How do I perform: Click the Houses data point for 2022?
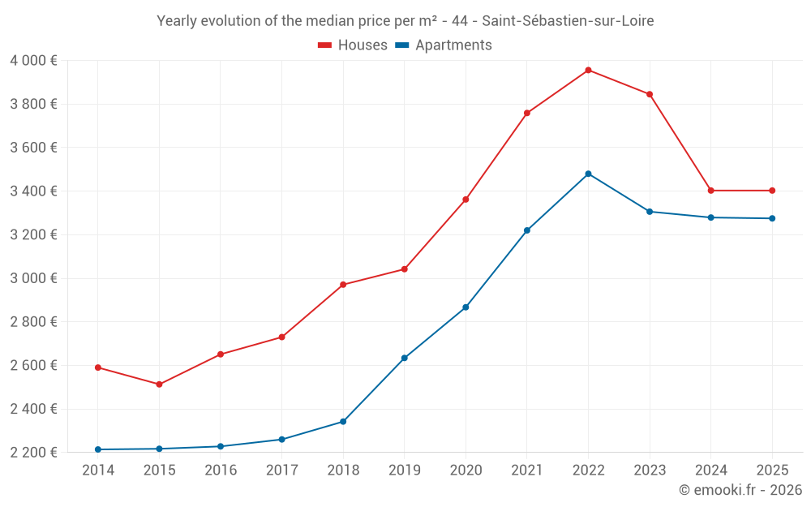pos(588,70)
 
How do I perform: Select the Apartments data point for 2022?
pos(588,174)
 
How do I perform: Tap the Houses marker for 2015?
pos(159,385)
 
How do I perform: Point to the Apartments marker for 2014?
pos(98,449)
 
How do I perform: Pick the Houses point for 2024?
pos(710,191)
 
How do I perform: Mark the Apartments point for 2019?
pos(404,358)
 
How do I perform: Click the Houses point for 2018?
pos(343,285)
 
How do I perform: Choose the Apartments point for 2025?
pos(772,218)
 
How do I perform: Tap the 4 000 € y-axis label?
pos(33,61)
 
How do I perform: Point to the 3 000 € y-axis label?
pos(33,278)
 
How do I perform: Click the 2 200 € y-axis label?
pos(33,453)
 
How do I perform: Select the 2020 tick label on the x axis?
pos(466,470)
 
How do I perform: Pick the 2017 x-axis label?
pos(281,470)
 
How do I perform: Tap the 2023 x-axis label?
pos(650,470)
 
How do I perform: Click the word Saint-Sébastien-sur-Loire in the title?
pos(568,21)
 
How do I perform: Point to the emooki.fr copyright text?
pos(740,490)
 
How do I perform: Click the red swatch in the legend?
pos(325,45)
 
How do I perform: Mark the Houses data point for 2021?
pos(527,113)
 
